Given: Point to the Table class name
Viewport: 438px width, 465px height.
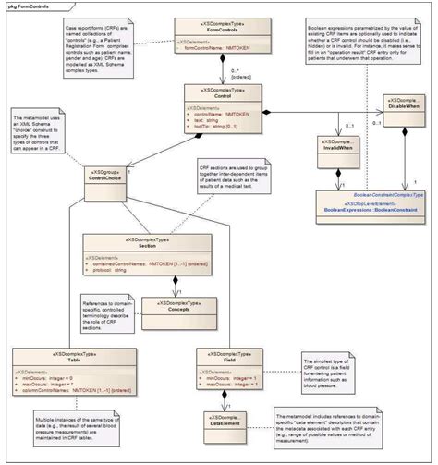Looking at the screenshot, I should click(x=62, y=361).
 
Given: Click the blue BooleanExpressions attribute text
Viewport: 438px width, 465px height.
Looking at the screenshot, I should click(x=368, y=211).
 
